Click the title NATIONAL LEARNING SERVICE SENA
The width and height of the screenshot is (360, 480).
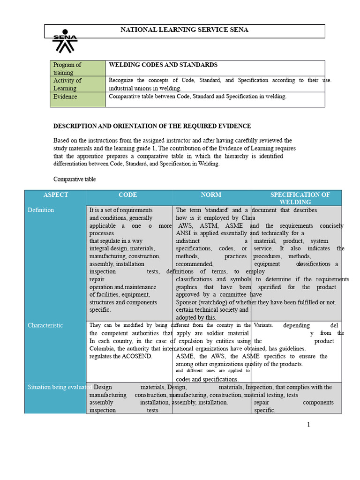184,30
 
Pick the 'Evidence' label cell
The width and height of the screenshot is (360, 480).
65,97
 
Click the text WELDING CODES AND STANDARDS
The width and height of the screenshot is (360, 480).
163,65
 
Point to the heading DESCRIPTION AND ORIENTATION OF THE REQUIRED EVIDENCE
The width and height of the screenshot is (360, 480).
152,126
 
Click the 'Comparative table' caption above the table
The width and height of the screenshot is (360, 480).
75,179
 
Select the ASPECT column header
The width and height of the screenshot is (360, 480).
56,195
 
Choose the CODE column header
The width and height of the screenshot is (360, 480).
128,195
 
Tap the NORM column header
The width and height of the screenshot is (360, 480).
211,195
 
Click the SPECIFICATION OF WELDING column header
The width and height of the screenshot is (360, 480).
300,198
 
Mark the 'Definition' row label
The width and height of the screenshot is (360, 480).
41,210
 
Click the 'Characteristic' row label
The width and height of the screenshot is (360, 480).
45,325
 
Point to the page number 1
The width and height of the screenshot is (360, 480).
308,425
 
